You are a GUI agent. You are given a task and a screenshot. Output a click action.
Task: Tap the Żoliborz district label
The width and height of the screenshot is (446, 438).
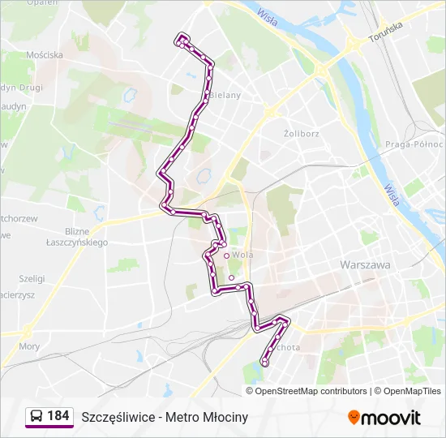302,132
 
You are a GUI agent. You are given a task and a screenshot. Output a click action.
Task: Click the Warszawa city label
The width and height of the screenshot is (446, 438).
365,265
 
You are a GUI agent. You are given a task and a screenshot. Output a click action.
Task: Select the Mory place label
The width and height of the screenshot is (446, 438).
29,346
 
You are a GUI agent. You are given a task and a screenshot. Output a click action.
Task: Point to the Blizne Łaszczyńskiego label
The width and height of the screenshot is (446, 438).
76,237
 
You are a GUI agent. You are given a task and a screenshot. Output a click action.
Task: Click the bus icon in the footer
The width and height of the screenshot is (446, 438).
36,417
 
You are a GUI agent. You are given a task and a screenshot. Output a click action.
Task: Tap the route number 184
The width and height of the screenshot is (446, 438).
58,416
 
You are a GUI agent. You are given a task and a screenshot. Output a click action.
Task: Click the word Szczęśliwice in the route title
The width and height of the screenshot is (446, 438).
118,417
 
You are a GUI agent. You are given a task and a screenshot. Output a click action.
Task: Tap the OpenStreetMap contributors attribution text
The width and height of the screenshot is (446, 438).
311,391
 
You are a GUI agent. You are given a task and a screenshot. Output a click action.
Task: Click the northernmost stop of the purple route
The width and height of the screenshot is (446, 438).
182,37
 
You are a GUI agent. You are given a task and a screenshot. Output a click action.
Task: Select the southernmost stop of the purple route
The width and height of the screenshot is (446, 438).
265,363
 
